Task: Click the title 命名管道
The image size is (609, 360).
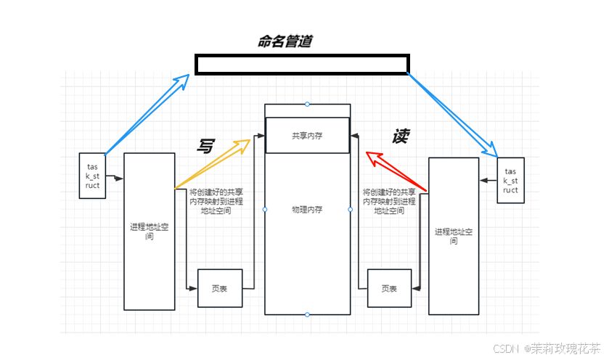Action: pos(285,41)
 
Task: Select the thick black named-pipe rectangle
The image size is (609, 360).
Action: pos(302,65)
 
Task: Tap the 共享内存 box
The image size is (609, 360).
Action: pos(307,135)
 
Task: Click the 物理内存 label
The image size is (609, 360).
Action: pos(307,210)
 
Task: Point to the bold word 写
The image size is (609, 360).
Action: pos(205,145)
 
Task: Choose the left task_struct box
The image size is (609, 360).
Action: pos(92,175)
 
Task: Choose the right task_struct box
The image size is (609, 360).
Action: pos(510,180)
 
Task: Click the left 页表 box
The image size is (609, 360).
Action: pos(219,288)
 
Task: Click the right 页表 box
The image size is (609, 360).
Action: pos(389,288)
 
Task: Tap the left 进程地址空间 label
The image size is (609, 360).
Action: pos(149,232)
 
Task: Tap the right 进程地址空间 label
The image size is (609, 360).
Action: pos(454,236)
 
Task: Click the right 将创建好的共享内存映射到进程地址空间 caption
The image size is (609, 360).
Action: pos(389,201)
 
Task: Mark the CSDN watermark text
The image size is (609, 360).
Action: pos(546,348)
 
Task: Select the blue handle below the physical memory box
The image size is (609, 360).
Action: pos(307,315)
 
